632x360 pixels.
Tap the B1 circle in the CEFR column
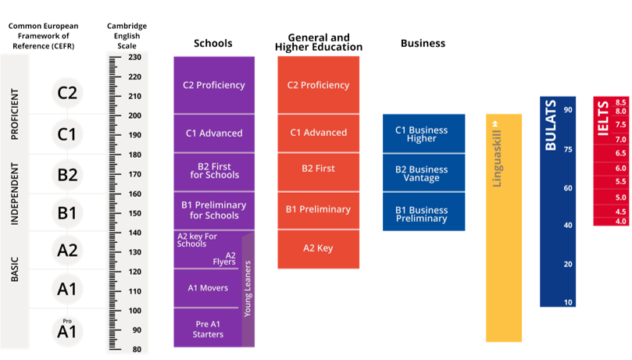click(68, 212)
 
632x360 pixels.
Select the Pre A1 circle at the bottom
click(68, 330)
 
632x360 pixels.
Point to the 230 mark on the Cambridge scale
click(135, 57)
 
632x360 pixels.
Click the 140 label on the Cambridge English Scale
click(135, 233)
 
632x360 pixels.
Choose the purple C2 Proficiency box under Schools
click(213, 85)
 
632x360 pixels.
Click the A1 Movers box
click(208, 288)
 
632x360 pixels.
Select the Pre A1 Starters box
click(208, 329)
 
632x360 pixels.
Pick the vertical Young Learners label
click(248, 289)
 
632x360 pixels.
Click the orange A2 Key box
click(318, 248)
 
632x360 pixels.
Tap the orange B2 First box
click(318, 169)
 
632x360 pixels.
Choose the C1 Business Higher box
click(423, 134)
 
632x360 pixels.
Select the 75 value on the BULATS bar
click(568, 148)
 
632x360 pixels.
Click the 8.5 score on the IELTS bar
click(621, 102)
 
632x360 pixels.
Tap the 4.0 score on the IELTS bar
click(621, 222)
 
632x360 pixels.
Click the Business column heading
click(423, 44)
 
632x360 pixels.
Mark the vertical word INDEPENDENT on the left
click(15, 193)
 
